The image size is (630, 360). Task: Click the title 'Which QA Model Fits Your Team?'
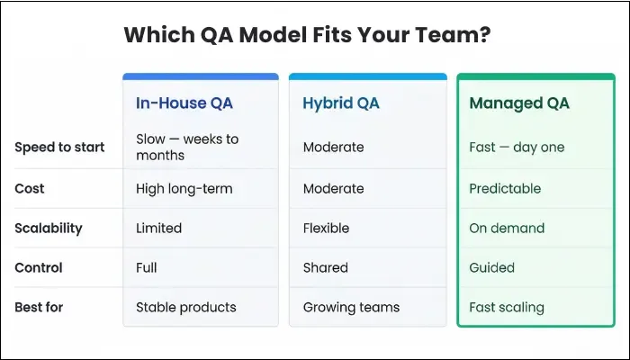click(306, 35)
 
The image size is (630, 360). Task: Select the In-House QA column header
click(184, 103)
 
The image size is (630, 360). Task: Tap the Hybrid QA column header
click(341, 103)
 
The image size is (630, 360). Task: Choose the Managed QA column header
click(519, 103)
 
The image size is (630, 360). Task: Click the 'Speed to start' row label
click(59, 148)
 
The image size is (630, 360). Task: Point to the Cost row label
click(30, 189)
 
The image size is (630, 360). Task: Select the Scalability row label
click(49, 229)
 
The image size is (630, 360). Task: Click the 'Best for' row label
click(40, 307)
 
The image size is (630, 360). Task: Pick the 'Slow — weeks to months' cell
click(187, 148)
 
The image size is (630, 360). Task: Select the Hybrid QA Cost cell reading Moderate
click(333, 189)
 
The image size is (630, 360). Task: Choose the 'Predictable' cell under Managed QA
click(505, 189)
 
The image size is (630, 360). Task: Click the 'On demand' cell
click(507, 229)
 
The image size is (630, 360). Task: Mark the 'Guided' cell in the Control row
click(492, 267)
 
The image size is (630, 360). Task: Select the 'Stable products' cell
click(186, 307)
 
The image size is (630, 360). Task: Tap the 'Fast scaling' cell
click(507, 307)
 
